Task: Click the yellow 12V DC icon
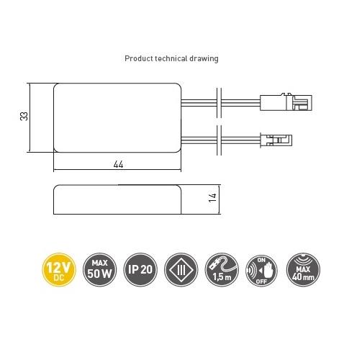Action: click(59, 270)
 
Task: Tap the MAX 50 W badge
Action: click(99, 270)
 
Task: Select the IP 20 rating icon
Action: click(140, 270)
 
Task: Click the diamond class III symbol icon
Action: click(181, 270)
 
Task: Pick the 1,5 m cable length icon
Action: click(222, 270)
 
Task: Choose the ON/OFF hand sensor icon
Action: click(262, 271)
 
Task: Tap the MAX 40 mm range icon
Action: click(303, 270)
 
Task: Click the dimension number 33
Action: click(24, 117)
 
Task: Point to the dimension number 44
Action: click(118, 164)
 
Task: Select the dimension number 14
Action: click(212, 198)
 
